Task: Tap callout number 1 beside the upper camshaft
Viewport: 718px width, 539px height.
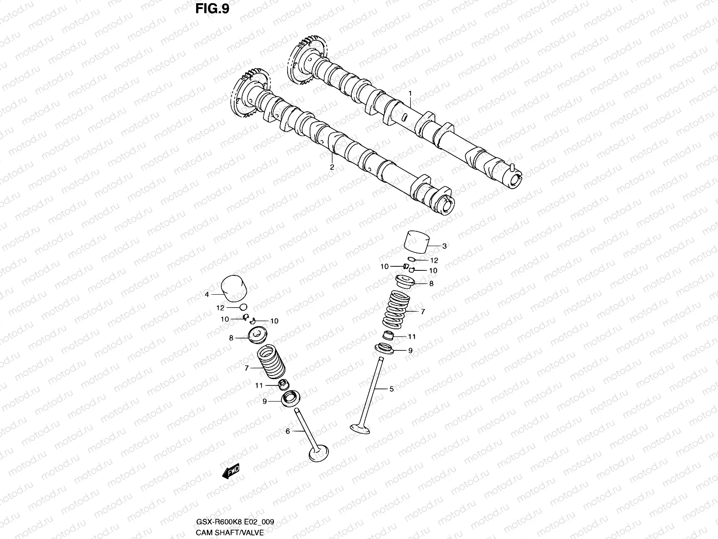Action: (410, 93)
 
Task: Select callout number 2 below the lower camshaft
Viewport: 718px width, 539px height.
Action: (332, 167)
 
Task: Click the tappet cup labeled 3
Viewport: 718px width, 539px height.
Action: (416, 243)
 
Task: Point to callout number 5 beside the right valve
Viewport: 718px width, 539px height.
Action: (391, 389)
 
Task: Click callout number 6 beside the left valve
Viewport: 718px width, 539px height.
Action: (288, 431)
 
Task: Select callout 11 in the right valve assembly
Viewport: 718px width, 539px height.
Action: (412, 336)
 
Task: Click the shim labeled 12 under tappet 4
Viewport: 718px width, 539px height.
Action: (244, 307)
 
